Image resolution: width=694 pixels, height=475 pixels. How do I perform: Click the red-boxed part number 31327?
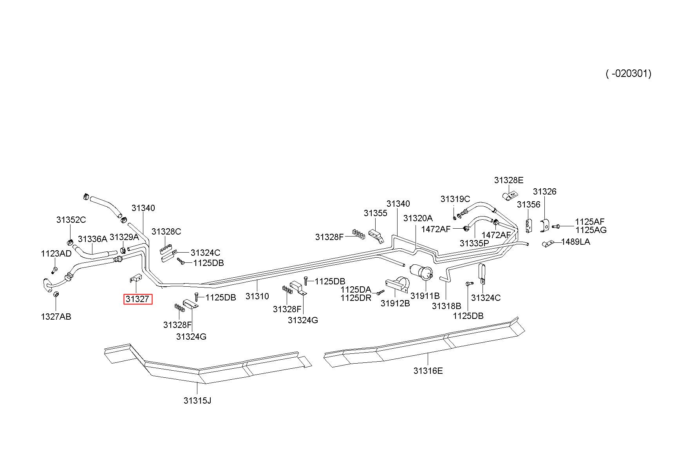[x=137, y=299]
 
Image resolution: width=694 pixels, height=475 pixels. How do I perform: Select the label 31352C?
[x=71, y=220]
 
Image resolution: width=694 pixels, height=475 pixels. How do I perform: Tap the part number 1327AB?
[x=56, y=317]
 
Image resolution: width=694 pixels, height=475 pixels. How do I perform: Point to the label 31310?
[x=257, y=296]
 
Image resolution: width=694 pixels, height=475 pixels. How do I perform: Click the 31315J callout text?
[x=197, y=400]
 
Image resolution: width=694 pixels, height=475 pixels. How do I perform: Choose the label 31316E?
[x=428, y=371]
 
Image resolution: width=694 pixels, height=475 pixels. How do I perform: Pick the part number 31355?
[x=375, y=213]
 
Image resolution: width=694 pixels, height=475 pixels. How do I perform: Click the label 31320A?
[x=418, y=218]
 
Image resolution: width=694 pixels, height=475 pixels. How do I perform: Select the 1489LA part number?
[x=575, y=242]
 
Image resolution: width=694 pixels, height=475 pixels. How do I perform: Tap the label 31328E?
[x=509, y=180]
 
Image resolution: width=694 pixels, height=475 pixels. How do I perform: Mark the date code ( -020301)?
[x=629, y=73]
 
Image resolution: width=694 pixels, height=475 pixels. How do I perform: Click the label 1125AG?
[x=591, y=230]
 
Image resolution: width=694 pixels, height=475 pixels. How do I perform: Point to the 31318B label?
[x=446, y=306]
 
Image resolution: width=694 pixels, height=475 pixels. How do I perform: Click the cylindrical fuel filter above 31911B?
[x=421, y=271]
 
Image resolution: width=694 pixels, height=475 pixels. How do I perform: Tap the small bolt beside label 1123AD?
[x=54, y=270]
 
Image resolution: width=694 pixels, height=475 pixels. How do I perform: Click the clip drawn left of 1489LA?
[x=547, y=244]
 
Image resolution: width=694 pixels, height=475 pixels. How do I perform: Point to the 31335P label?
[x=474, y=243]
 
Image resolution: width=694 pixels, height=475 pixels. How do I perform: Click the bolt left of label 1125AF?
[x=556, y=226]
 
